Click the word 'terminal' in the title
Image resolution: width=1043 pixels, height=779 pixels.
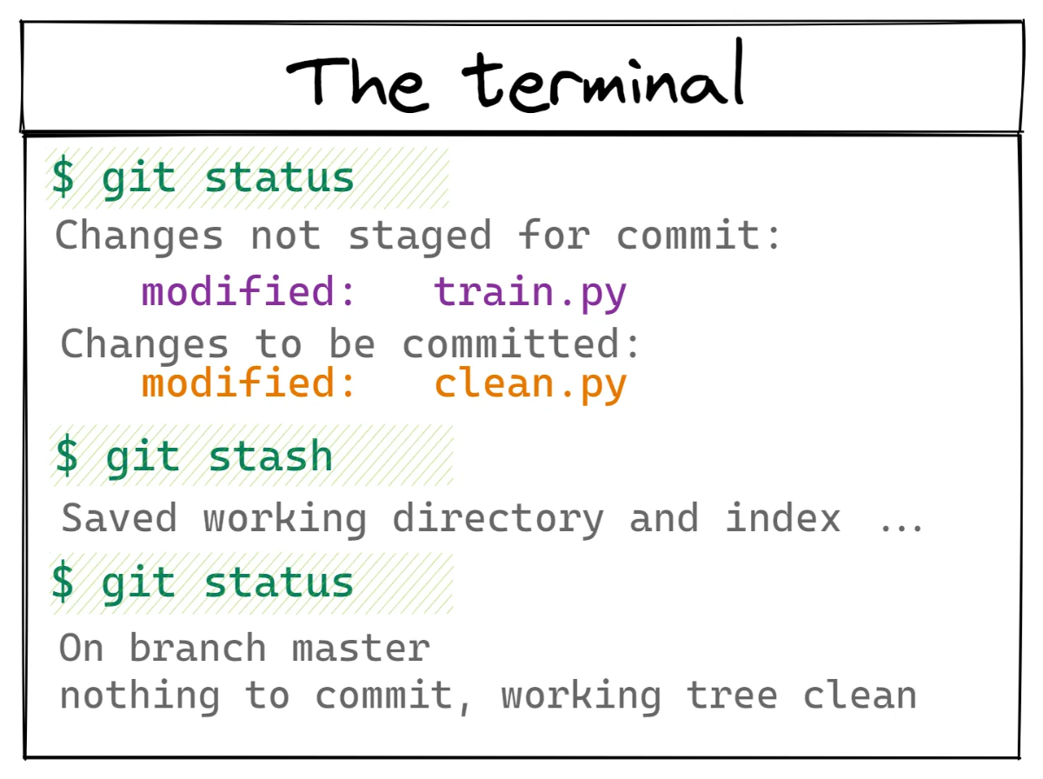click(x=603, y=76)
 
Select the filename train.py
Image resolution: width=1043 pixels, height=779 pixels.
click(x=530, y=293)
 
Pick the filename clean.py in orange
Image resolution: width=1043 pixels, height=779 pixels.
click(x=531, y=385)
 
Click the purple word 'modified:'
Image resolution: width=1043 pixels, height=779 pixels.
click(x=248, y=290)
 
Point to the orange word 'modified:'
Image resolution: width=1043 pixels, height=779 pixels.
click(x=248, y=383)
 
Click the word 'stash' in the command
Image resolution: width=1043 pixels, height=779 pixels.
click(x=270, y=456)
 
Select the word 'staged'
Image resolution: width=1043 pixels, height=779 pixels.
click(x=420, y=236)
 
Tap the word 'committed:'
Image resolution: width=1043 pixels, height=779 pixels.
click(x=521, y=343)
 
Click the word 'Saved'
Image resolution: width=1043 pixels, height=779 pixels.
click(x=119, y=517)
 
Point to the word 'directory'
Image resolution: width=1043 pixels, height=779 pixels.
click(x=498, y=520)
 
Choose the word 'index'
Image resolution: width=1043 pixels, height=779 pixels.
click(x=783, y=517)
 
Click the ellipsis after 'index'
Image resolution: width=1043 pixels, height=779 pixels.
click(x=901, y=528)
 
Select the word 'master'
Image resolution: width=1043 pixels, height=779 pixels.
click(x=361, y=649)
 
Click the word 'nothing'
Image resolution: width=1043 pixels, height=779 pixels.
click(x=140, y=696)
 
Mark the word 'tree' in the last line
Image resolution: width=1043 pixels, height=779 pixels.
click(x=732, y=696)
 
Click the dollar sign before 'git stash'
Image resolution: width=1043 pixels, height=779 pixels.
click(x=66, y=455)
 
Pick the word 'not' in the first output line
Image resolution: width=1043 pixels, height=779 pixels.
click(x=286, y=236)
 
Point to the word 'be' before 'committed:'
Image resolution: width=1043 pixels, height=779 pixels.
click(x=352, y=343)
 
